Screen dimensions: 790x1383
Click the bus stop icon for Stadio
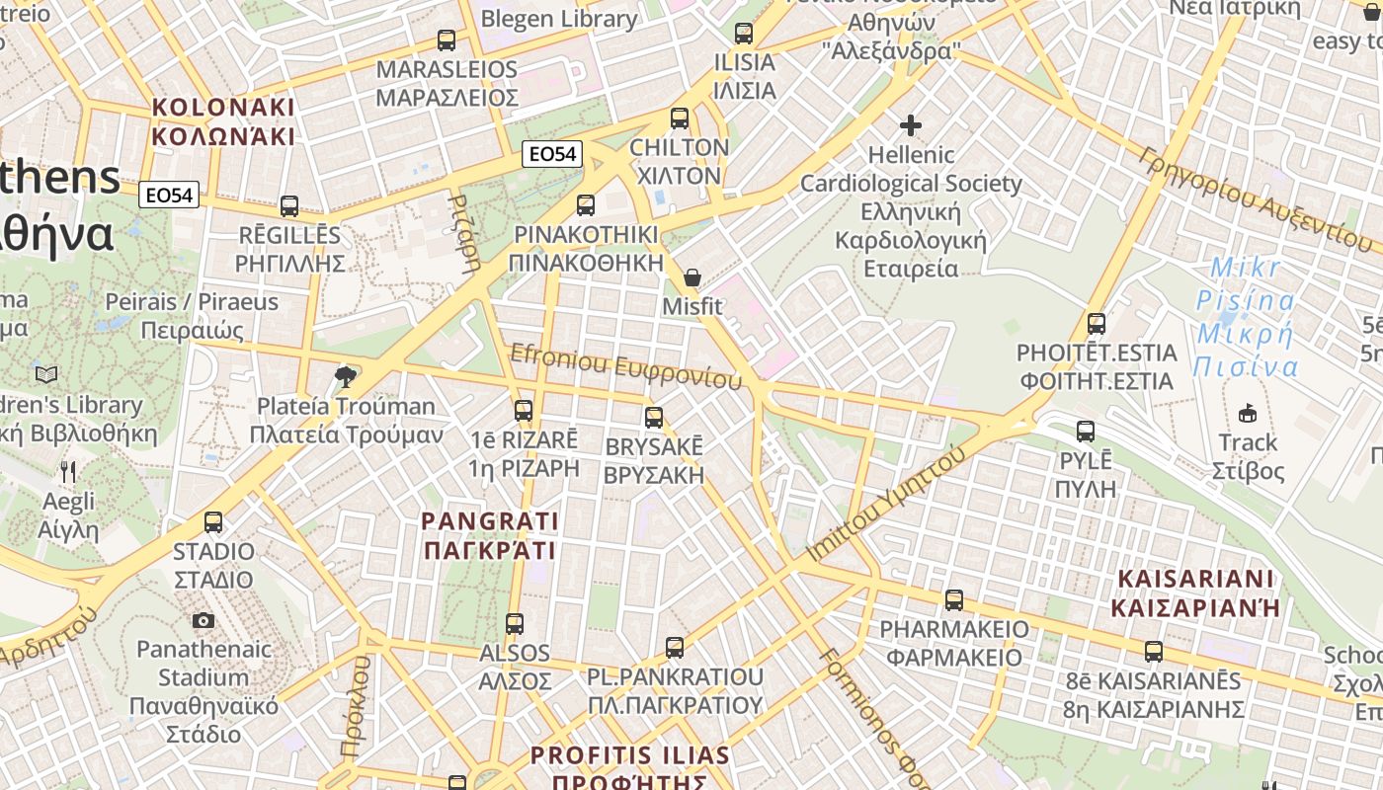tap(213, 522)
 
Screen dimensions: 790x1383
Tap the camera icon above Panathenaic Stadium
tap(203, 620)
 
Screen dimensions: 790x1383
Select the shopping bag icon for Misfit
tap(692, 277)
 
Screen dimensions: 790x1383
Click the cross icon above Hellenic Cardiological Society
tap(911, 125)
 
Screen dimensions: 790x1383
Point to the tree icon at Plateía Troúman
tap(345, 376)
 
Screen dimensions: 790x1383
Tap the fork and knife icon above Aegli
tap(68, 472)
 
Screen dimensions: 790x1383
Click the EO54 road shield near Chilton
tap(552, 153)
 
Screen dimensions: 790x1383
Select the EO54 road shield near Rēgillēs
tap(169, 195)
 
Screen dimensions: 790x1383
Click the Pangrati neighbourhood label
tap(490, 535)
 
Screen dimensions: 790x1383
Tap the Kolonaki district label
tap(223, 121)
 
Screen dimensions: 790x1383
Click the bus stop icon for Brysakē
tap(654, 418)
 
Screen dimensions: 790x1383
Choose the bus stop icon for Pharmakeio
tap(954, 599)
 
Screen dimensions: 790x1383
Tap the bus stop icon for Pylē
tap(1086, 432)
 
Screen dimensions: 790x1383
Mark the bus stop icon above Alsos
tap(515, 624)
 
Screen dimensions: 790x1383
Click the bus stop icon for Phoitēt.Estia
tap(1096, 323)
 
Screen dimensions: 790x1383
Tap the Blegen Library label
tap(559, 19)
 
